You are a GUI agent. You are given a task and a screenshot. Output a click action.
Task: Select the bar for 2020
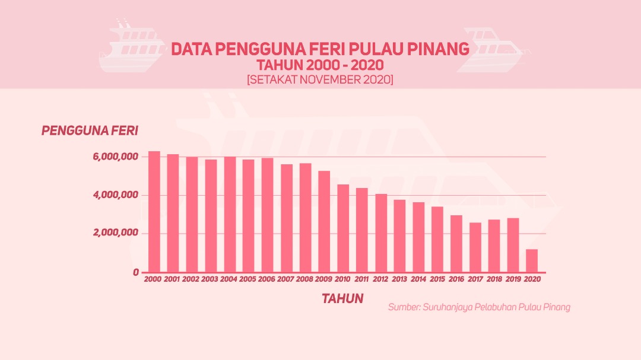click(532, 260)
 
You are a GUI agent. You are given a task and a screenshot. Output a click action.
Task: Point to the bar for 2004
click(230, 214)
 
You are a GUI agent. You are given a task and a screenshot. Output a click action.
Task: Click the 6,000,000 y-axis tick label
click(116, 157)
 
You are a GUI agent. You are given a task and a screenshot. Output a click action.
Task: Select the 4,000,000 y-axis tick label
click(116, 195)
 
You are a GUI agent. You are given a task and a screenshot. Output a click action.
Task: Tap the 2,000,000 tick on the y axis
click(116, 233)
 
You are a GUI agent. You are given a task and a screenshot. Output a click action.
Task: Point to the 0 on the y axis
click(135, 272)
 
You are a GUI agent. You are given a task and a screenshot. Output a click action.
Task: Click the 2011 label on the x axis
click(362, 279)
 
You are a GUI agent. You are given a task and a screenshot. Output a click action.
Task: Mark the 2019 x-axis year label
click(513, 279)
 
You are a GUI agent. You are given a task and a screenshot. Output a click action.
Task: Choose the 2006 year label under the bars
click(267, 279)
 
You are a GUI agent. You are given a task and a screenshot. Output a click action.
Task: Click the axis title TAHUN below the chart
click(342, 298)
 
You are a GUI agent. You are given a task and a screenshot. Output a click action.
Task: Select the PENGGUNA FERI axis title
click(90, 130)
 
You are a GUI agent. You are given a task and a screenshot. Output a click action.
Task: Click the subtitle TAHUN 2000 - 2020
click(320, 65)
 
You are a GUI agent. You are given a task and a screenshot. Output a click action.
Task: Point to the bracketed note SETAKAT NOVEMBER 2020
click(320, 79)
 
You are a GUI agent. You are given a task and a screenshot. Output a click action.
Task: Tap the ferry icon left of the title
click(132, 47)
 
